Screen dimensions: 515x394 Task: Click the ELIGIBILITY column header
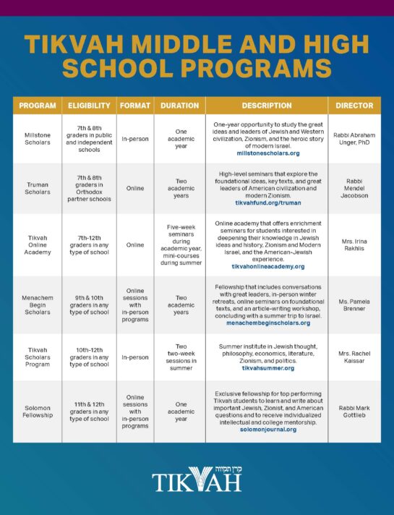89,106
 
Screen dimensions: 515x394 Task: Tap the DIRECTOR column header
354,106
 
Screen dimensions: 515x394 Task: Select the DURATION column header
179,106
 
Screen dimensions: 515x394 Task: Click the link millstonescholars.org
267,153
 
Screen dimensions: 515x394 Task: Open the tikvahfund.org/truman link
267,203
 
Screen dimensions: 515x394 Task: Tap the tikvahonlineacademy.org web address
267,266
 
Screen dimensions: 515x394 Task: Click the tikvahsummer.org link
267,367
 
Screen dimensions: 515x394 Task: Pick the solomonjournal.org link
267,428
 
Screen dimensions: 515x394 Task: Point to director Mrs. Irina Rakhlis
354,244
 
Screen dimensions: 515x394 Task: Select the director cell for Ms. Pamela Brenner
354,305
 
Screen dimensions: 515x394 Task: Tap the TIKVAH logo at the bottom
197,480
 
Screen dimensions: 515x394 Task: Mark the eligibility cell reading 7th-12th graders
89,244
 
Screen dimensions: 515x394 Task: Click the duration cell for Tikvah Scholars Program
179,357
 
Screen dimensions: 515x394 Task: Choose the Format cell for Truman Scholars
135,188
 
